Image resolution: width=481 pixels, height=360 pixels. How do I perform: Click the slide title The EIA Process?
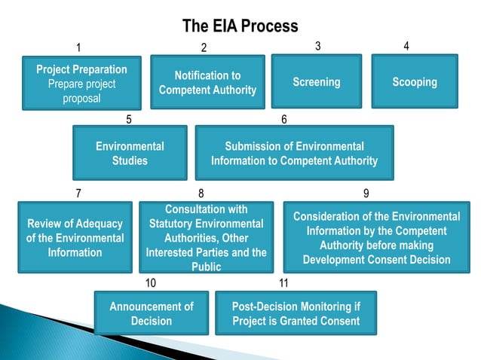click(x=240, y=27)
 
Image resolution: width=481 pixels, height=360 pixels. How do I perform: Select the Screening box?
click(x=316, y=81)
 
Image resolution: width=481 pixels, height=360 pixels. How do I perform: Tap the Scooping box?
click(x=414, y=81)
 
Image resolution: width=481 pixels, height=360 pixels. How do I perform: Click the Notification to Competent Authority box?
click(x=207, y=83)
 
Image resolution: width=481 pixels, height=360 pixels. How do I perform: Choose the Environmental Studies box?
click(x=130, y=153)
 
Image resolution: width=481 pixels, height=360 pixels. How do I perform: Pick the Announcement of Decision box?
click(x=151, y=313)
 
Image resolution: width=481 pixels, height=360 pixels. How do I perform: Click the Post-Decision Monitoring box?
click(x=295, y=313)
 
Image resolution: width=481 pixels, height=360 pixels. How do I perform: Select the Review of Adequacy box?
click(x=75, y=237)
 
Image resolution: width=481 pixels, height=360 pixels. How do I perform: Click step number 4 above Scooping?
click(x=406, y=46)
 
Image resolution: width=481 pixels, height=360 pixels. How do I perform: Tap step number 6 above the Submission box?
click(x=284, y=119)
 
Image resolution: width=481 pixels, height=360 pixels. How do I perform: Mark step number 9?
click(x=366, y=194)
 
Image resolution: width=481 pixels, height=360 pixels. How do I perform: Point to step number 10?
click(x=151, y=283)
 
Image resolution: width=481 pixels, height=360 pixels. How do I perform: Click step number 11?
click(x=283, y=283)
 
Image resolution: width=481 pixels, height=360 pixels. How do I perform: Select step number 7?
click(x=79, y=194)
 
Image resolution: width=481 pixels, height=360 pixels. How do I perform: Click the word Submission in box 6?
click(x=255, y=146)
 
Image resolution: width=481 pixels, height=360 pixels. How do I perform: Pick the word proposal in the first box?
click(x=81, y=98)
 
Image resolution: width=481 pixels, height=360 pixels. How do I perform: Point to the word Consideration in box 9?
click(x=327, y=216)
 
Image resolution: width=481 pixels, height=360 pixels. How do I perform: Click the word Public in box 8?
click(x=206, y=267)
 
